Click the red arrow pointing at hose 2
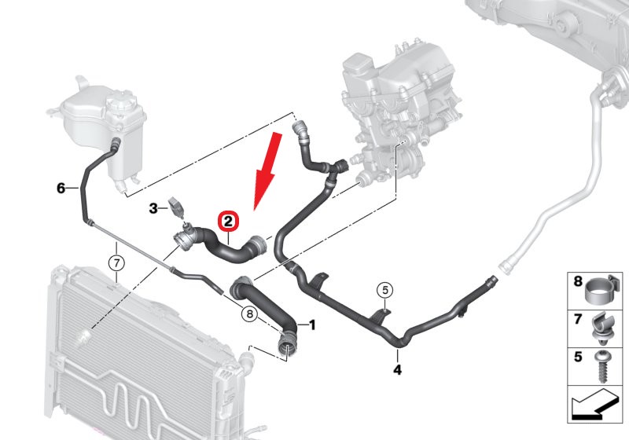coord(268,171)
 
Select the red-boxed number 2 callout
coord(228,222)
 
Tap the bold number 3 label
coord(153,208)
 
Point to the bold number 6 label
coord(61,188)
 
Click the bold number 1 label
coord(312,325)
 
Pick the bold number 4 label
coord(397,369)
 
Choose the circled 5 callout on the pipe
coord(385,290)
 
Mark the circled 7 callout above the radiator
coord(116,263)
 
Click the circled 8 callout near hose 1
coord(249,313)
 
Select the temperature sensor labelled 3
coord(177,207)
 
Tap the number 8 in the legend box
coord(578,281)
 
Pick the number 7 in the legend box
coord(578,319)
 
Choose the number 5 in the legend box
coord(578,356)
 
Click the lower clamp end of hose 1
coord(286,346)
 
